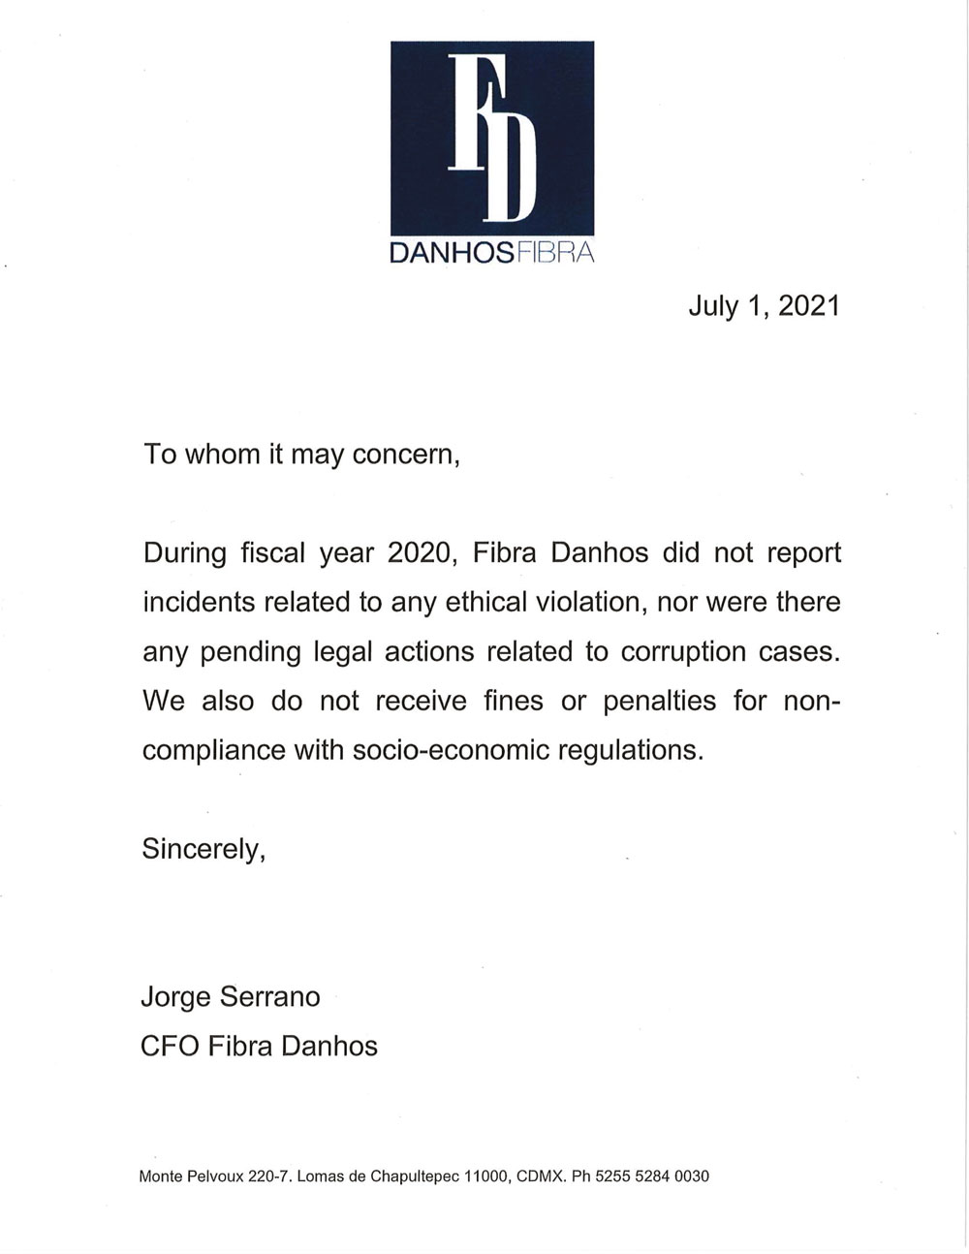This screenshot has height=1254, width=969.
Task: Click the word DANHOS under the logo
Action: coord(451,255)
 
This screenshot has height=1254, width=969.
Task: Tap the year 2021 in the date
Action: coord(808,306)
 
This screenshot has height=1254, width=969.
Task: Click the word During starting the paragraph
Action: coord(184,552)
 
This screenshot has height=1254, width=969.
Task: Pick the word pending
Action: coord(251,652)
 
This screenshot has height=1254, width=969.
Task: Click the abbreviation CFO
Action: coord(171,1046)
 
